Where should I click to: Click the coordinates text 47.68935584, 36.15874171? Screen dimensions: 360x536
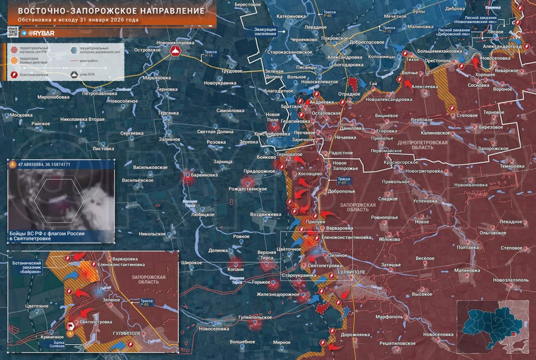(x=44, y=164)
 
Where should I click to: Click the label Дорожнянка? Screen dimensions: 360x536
(x=355, y=334)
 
